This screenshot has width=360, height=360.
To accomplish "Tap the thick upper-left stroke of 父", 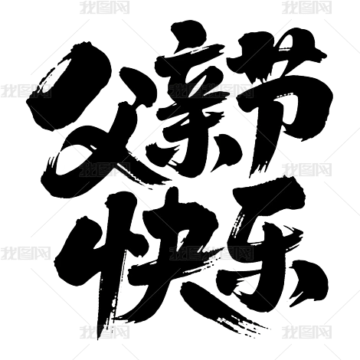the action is pyautogui.click(x=69, y=84).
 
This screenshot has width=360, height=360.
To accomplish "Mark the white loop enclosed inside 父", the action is pyautogui.click(x=74, y=159).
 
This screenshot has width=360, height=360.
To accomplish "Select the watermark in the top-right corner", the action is pyautogui.click(x=306, y=7).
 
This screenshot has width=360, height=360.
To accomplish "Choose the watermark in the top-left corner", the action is pyautogui.click(x=104, y=7).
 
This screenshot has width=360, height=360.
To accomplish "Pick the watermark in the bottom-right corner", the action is pyautogui.click(x=306, y=332).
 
